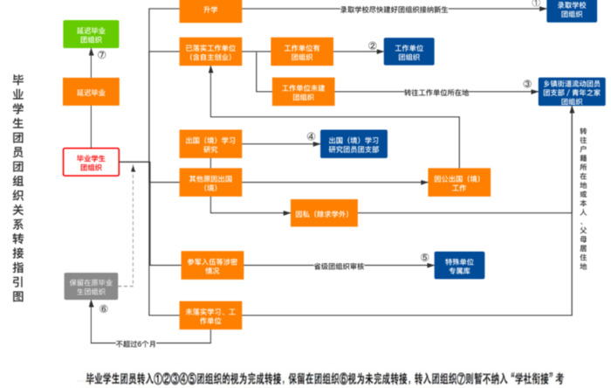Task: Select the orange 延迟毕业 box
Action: point(91,92)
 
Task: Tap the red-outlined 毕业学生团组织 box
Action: point(91,162)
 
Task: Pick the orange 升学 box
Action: point(209,10)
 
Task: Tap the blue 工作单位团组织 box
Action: point(408,51)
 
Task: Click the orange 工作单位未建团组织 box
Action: point(297,92)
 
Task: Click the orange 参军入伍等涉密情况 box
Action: point(209,266)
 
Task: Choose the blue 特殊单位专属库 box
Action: point(459,266)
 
